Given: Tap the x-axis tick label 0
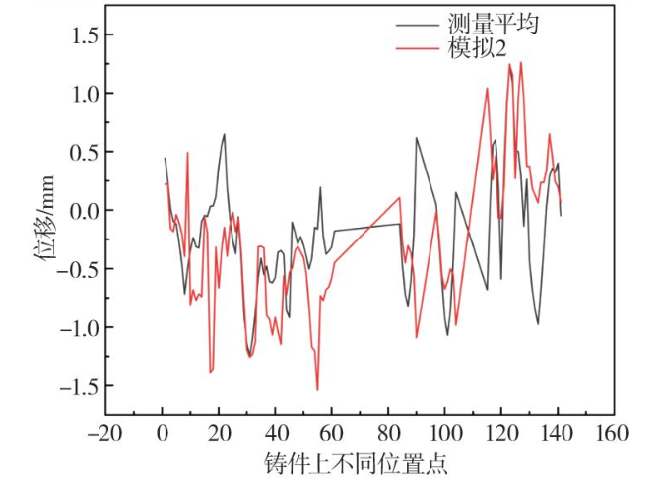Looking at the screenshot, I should click(x=163, y=432).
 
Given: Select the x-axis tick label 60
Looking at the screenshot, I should click(x=332, y=432).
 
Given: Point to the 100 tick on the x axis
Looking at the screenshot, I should click(x=444, y=432).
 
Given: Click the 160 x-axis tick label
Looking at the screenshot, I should click(x=614, y=432).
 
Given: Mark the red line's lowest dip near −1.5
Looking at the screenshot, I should click(x=317, y=389).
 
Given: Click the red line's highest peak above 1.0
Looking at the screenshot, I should click(x=521, y=63).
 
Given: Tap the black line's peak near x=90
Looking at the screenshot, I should click(x=417, y=138).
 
